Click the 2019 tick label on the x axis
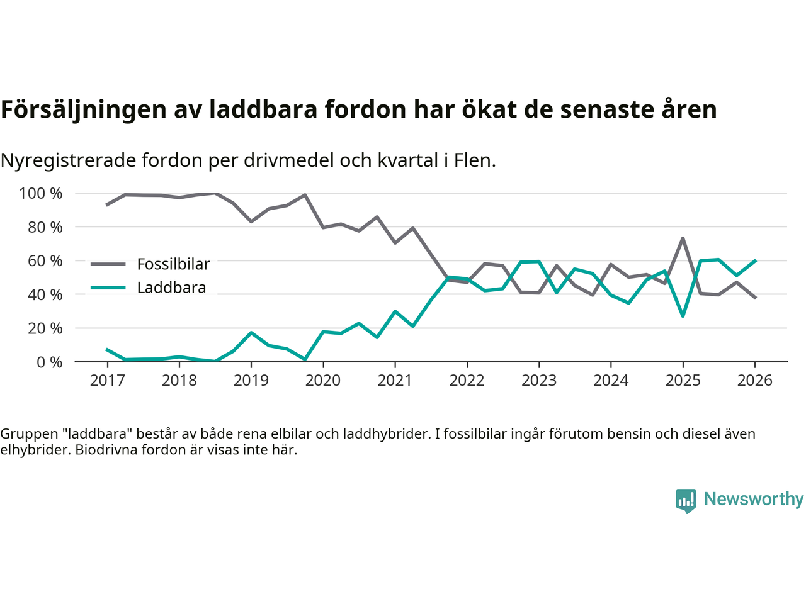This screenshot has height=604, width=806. tap(251, 380)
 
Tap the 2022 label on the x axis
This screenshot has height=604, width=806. tap(467, 380)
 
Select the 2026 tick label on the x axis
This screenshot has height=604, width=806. tap(754, 380)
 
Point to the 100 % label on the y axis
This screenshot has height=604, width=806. tap(41, 193)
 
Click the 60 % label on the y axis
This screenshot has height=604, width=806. tap(45, 260)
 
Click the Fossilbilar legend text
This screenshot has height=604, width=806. tap(173, 264)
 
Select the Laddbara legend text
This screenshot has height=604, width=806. tap(171, 288)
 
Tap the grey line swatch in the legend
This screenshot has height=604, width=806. tap(108, 264)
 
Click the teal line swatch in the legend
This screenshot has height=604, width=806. tap(108, 288)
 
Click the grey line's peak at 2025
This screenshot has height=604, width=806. tap(683, 238)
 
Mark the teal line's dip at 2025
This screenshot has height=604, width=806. tap(683, 315)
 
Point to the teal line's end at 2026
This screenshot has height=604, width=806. tap(755, 260)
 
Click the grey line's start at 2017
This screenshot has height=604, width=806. tap(107, 204)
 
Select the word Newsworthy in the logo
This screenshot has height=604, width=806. tap(753, 499)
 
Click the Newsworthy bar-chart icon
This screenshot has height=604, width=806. tap(686, 500)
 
